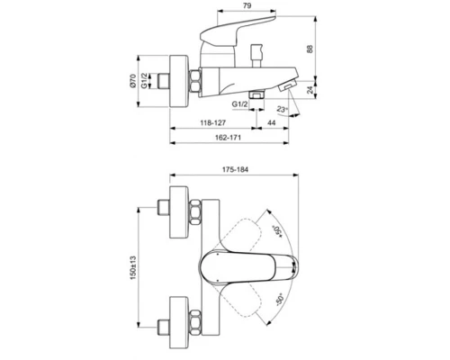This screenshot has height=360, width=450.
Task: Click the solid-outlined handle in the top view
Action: (x=236, y=266)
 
